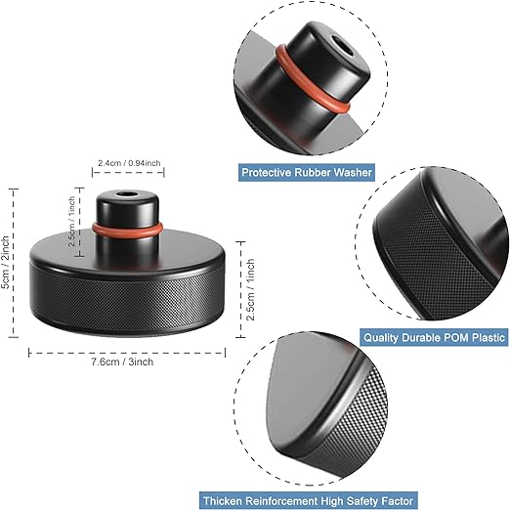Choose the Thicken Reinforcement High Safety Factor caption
(350, 501)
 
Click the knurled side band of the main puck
(127, 313)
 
